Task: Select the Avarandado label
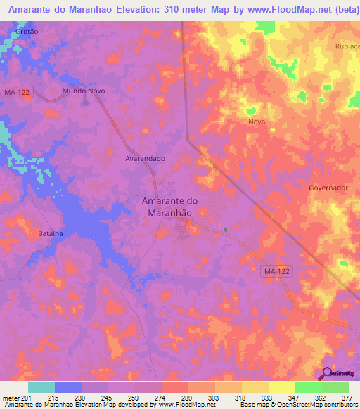click(145, 158)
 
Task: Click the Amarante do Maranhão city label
click(170, 207)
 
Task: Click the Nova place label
click(256, 122)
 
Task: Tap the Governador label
click(328, 188)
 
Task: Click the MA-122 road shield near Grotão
click(16, 91)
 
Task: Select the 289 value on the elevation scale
click(188, 397)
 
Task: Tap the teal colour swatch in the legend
click(41, 387)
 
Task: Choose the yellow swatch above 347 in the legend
click(282, 387)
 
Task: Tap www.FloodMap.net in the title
click(276, 10)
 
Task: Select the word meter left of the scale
click(11, 397)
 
